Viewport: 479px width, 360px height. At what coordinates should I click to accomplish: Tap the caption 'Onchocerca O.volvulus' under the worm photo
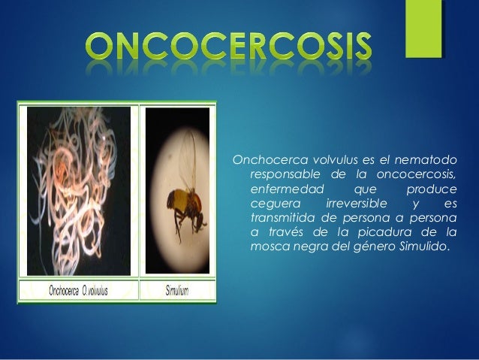78,292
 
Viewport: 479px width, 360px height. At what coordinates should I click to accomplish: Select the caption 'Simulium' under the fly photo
176,292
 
